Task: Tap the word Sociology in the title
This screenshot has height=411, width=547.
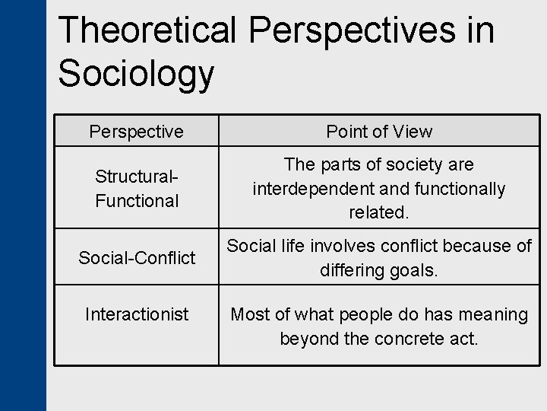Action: (x=137, y=74)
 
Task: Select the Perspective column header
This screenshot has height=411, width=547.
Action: (x=136, y=132)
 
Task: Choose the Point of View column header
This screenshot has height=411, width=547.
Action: (x=379, y=132)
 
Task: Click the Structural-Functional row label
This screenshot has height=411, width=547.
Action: (x=137, y=189)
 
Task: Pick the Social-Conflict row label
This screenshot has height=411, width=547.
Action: (x=137, y=258)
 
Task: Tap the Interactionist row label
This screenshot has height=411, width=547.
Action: (x=137, y=314)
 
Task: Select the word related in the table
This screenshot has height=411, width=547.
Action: (x=378, y=213)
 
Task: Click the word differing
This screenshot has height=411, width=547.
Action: (x=351, y=271)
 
